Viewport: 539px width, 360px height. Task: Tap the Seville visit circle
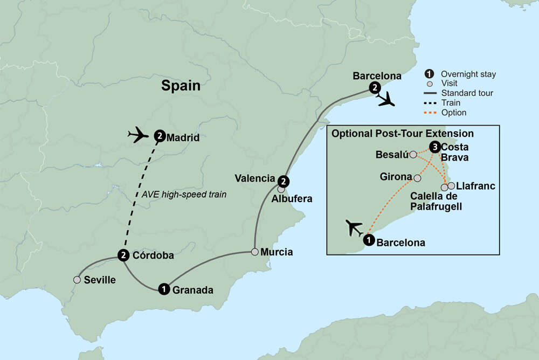coord(78,280)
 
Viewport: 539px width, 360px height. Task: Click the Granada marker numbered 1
coord(163,289)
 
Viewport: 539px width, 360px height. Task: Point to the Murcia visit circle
coord(254,252)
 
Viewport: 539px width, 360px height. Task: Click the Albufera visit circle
coord(281,190)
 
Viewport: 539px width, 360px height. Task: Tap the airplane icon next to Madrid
coord(138,134)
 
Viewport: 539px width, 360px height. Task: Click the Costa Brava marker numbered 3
coord(434,147)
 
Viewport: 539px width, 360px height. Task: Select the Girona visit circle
coord(417,177)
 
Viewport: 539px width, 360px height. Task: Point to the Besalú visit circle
coord(413,155)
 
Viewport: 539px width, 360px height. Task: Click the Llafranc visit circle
coord(451,185)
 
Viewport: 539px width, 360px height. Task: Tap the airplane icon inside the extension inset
coord(355,228)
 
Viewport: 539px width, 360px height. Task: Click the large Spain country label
coord(181,86)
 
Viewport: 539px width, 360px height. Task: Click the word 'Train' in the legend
coord(451,103)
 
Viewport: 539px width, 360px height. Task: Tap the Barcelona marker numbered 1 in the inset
coord(369,240)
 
